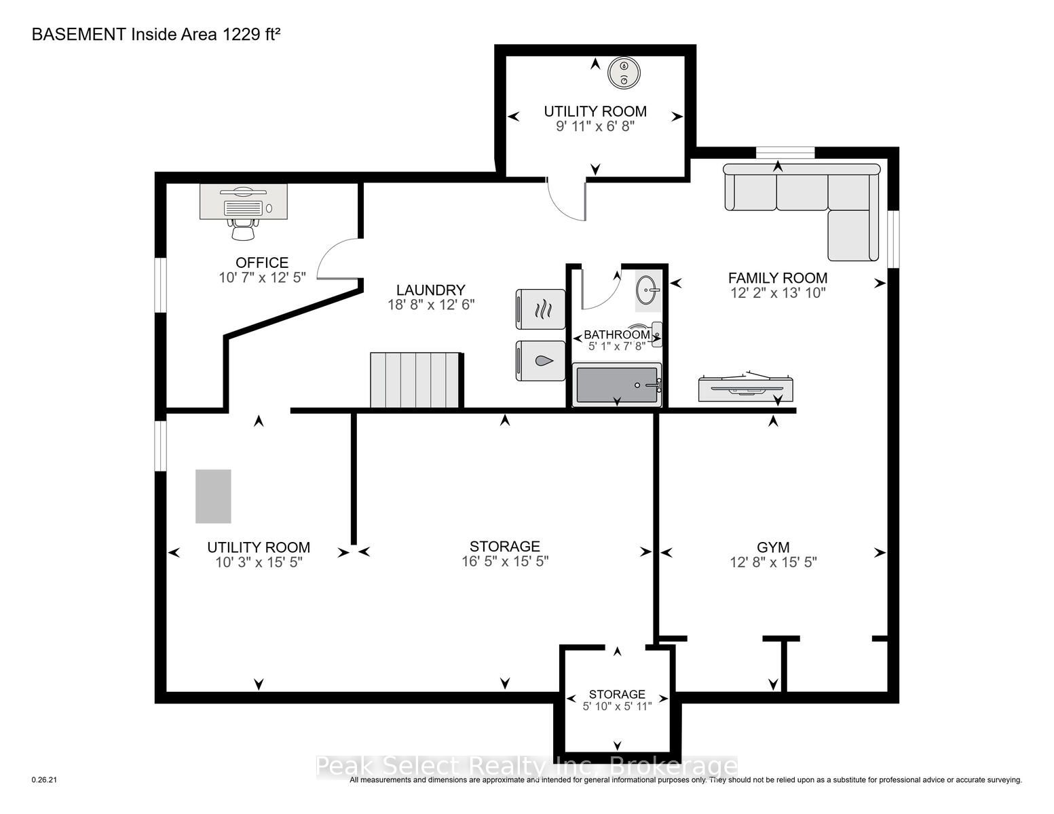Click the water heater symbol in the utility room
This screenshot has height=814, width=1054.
(x=623, y=73)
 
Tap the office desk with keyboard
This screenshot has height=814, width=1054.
(x=243, y=201)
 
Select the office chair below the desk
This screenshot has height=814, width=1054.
(x=243, y=229)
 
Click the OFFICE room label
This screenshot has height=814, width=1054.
(x=262, y=263)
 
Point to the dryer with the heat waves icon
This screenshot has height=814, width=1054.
(x=541, y=310)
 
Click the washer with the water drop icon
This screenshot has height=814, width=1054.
(x=541, y=361)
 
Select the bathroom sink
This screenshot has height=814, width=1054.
(x=646, y=290)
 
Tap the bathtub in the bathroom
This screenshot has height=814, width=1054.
(x=616, y=386)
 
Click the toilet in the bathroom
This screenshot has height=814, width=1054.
(x=649, y=334)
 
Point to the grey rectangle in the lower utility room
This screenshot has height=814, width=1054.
(x=213, y=496)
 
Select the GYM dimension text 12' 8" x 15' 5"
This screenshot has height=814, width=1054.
(x=773, y=562)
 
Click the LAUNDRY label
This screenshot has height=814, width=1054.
(x=430, y=290)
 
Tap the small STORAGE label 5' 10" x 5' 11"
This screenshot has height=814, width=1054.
(x=617, y=706)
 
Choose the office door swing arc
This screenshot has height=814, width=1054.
(x=337, y=258)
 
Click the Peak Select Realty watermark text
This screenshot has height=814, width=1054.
(x=527, y=767)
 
